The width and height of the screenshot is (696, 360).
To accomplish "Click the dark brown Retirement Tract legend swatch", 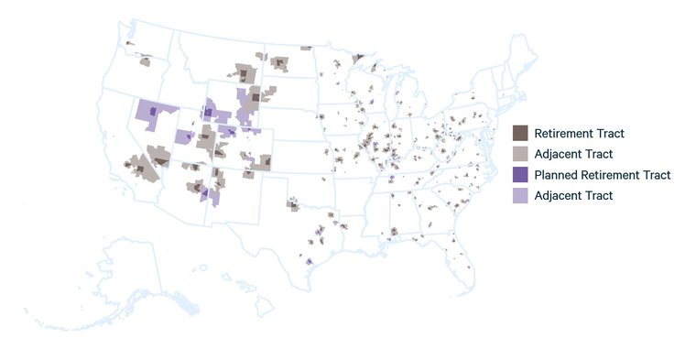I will coord(520,133).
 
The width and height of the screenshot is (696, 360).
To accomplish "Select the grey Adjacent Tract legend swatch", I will coord(520,154).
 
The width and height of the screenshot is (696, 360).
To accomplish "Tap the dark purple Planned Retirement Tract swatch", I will coord(520,175).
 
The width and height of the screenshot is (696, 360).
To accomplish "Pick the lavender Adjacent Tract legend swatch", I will coord(520,195).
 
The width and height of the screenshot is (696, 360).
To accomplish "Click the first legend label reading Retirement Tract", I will coord(579,133).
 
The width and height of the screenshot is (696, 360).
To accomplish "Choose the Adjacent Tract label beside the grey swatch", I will coord(573,154).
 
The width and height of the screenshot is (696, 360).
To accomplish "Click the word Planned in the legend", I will coord(556,175).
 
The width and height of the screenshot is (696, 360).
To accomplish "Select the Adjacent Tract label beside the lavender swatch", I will coord(573,195).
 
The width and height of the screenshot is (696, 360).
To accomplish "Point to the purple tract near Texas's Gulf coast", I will coord(310,262).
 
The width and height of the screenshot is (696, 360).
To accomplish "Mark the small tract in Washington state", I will coord(128,42).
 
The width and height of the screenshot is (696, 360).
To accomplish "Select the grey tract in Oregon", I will coord(145,62).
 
